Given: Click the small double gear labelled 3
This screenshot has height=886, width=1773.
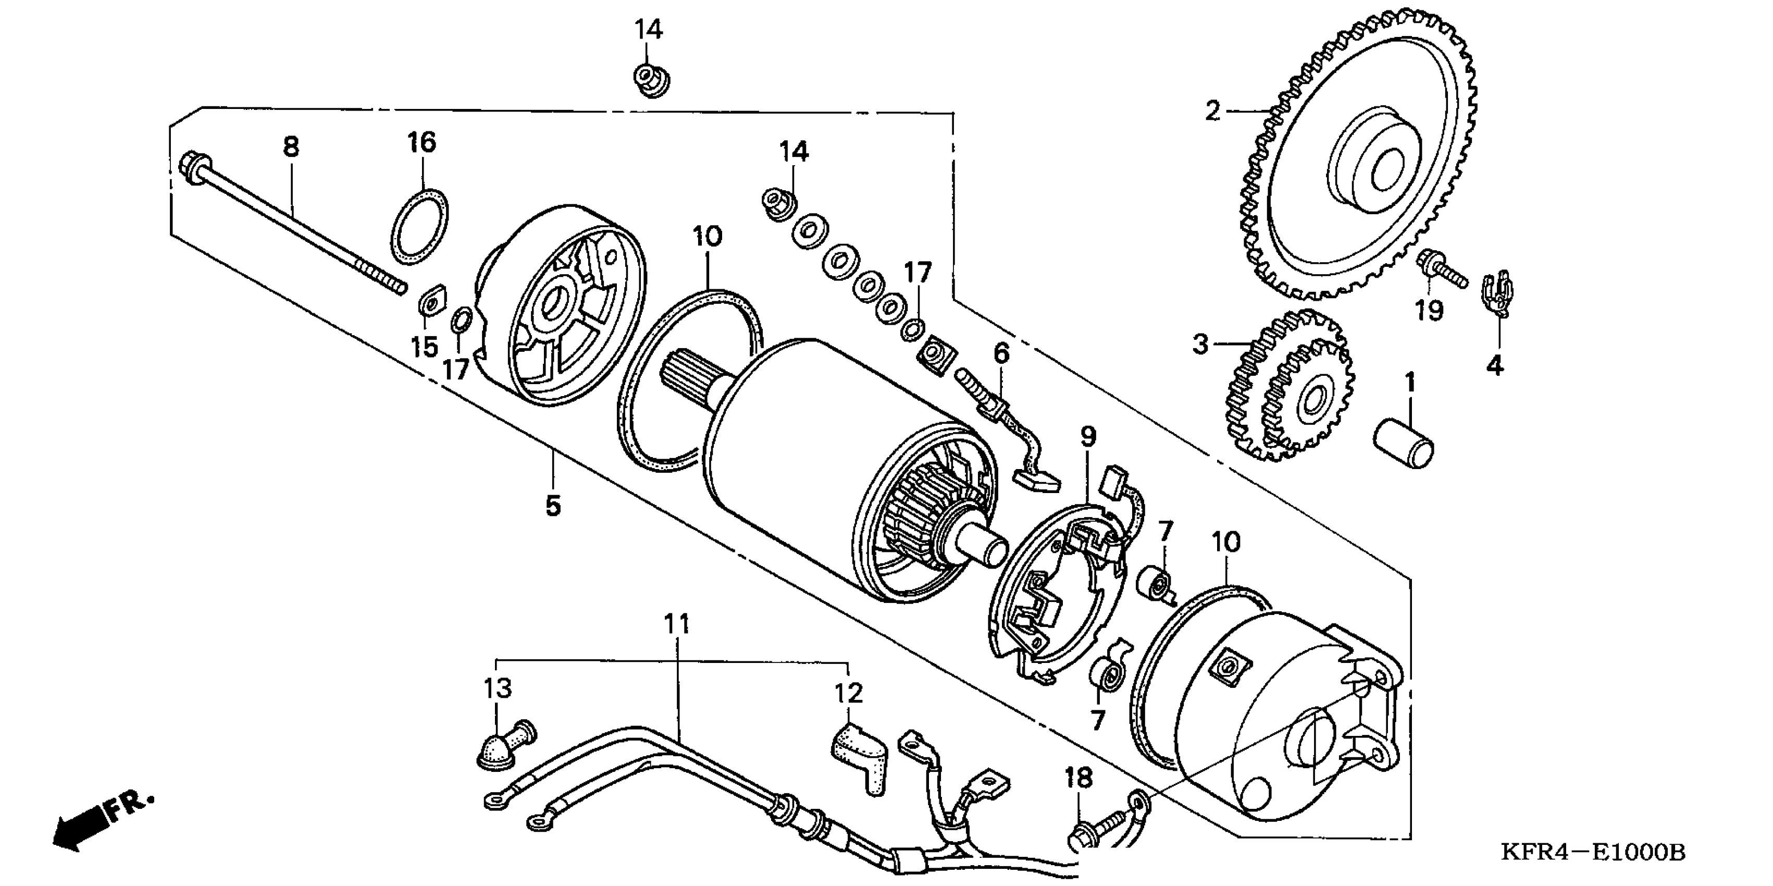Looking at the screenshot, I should click(1291, 389).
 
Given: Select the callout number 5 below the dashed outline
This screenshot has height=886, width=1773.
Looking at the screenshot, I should click(553, 506).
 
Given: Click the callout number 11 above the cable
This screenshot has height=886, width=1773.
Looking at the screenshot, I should click(677, 624).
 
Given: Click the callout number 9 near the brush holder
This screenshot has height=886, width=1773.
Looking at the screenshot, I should click(1088, 436).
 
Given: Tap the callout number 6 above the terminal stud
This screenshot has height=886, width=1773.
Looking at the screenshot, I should click(1001, 353).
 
